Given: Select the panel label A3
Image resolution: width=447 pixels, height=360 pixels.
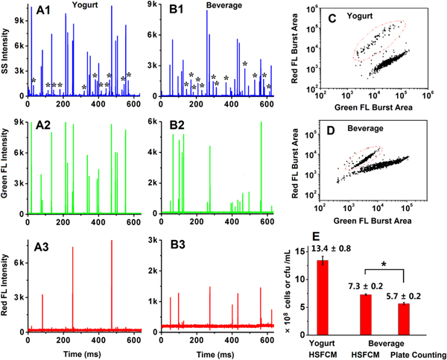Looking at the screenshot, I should tap(37, 245).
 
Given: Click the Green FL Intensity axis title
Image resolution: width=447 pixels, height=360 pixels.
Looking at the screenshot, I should tap(7, 167).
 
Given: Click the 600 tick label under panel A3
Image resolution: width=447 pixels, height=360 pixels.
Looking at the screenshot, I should tap(132, 337).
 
